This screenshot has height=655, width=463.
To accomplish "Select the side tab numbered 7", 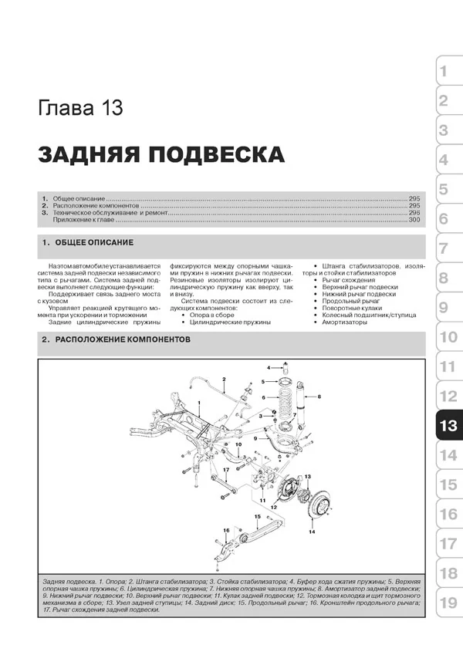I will tap(444, 248).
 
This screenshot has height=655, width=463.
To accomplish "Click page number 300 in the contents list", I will tap(414, 221).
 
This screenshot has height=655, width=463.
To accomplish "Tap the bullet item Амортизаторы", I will tap(346, 322).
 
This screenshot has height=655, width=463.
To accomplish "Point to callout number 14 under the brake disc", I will tap(312, 532).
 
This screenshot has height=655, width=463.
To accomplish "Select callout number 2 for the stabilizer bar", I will tap(223, 379).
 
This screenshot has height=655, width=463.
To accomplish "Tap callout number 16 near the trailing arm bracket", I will tap(226, 531).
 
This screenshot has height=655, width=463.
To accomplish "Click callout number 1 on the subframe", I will tap(199, 404).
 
